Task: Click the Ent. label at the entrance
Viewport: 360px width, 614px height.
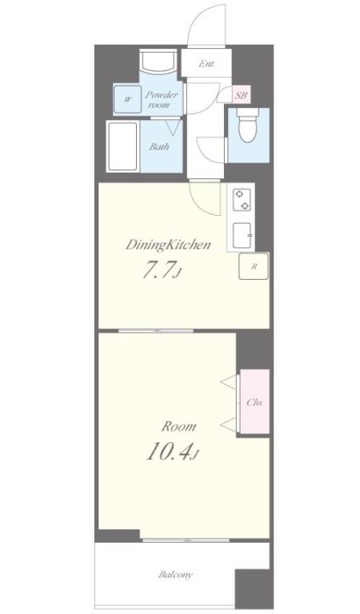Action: [x=206, y=64]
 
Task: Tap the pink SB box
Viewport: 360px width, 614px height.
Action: [x=241, y=95]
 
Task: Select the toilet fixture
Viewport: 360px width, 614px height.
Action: [x=248, y=126]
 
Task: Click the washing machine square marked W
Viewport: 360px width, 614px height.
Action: [x=126, y=99]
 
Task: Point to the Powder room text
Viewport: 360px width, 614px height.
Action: [x=162, y=99]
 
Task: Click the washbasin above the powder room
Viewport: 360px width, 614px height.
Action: [x=158, y=61]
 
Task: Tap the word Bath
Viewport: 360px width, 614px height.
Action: [x=159, y=147]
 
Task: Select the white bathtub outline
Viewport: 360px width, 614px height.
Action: [x=123, y=146]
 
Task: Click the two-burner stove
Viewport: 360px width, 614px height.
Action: [x=241, y=200]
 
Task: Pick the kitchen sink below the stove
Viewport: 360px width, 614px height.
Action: [x=242, y=235]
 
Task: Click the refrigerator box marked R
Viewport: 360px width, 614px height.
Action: [x=254, y=266]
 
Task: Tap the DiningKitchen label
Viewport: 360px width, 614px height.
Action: [x=168, y=245]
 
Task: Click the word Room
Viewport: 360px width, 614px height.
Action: [x=178, y=426]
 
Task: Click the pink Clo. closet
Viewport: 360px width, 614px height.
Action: [x=254, y=401]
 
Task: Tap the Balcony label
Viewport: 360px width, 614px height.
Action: [x=175, y=575]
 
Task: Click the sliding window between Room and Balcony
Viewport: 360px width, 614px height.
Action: [x=186, y=540]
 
